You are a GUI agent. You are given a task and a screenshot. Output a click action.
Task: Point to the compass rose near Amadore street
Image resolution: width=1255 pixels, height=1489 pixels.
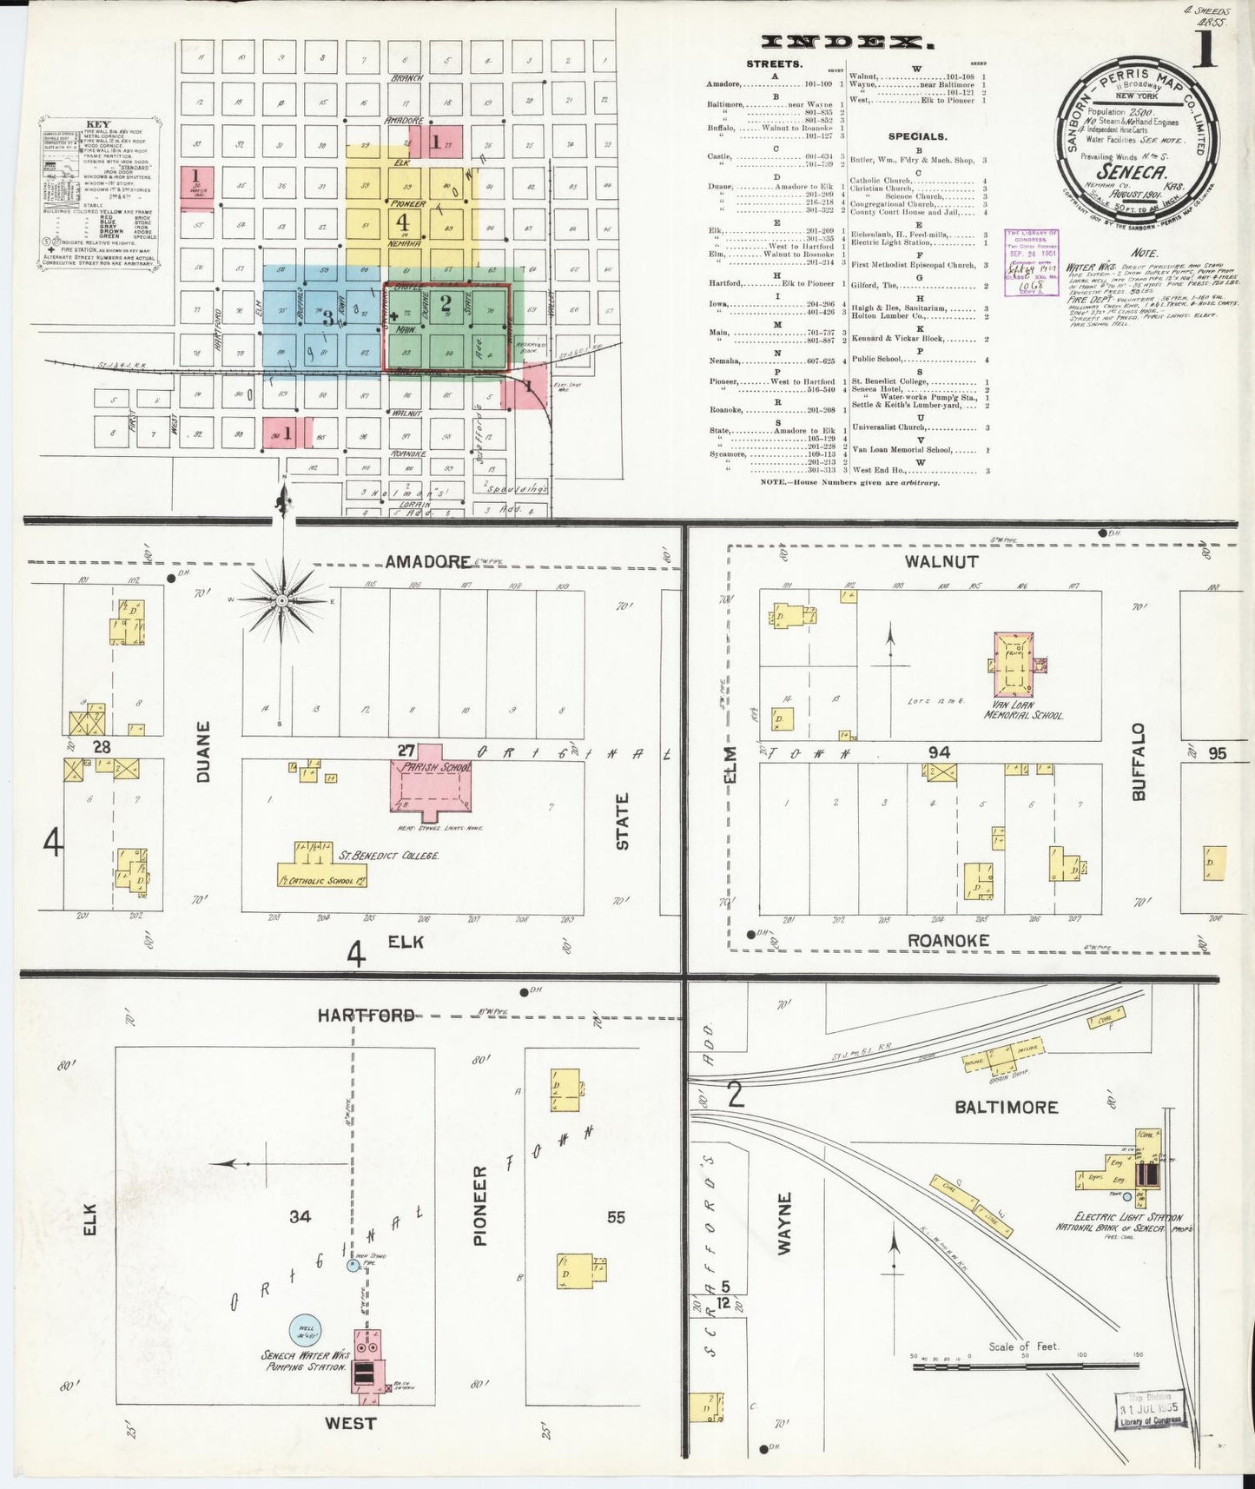[282, 599]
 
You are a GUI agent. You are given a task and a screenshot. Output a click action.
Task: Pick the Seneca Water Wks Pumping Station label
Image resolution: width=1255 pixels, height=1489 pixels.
[306, 1360]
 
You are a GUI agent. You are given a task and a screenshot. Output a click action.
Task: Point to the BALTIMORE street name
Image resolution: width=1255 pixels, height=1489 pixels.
[1006, 1107]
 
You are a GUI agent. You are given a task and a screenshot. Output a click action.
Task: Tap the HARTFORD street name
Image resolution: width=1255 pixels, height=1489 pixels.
[365, 1015]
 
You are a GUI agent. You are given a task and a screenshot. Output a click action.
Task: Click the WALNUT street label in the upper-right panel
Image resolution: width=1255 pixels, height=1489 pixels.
[941, 562]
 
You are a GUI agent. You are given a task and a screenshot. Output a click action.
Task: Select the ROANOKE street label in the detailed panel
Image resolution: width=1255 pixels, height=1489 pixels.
[948, 940]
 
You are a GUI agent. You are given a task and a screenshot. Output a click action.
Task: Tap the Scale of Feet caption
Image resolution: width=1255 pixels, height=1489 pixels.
[1024, 1347]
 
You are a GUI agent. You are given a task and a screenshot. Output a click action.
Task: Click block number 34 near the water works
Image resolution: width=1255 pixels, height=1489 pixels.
[300, 1217]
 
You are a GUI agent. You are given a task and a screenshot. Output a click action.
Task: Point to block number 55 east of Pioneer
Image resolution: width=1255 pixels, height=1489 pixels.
[616, 1217]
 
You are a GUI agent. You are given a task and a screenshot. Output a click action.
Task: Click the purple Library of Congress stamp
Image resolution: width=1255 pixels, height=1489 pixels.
[1031, 262]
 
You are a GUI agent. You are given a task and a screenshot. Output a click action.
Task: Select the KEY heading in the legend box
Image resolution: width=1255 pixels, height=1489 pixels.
[97, 125]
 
